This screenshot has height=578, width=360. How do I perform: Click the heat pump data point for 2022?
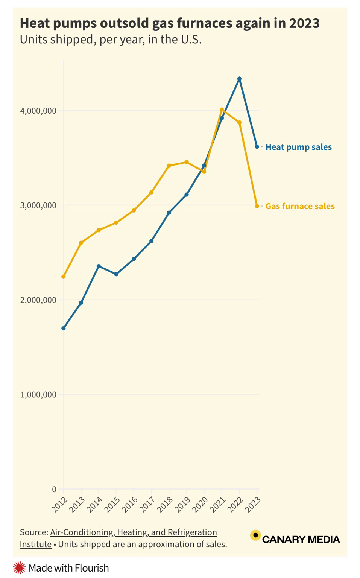click(x=239, y=79)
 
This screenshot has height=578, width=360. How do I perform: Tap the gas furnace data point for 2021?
click(x=222, y=110)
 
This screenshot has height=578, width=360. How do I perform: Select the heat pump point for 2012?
click(x=64, y=329)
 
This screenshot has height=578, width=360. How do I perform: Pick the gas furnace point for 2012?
click(x=64, y=277)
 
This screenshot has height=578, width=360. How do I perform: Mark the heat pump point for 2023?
click(x=257, y=147)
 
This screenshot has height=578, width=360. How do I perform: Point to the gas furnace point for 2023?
click(x=257, y=206)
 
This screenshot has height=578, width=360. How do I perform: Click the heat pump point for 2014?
click(x=99, y=266)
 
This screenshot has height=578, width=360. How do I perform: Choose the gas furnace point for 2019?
click(x=187, y=162)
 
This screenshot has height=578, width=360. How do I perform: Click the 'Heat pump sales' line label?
click(x=299, y=147)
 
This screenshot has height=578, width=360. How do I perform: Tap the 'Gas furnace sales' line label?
click(x=300, y=206)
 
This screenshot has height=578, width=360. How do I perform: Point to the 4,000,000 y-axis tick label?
click(x=38, y=111)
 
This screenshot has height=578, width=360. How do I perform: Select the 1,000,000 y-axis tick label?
click(x=38, y=394)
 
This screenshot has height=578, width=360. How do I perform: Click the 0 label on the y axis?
click(x=54, y=489)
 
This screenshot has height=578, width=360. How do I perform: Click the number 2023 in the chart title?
click(x=304, y=23)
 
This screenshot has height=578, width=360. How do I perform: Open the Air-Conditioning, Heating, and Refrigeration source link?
click(x=134, y=532)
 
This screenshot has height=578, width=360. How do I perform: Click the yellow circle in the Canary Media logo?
click(x=255, y=535)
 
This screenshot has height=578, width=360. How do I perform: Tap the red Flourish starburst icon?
click(x=19, y=568)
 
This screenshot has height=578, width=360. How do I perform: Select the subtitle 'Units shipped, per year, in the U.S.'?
click(x=111, y=40)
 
